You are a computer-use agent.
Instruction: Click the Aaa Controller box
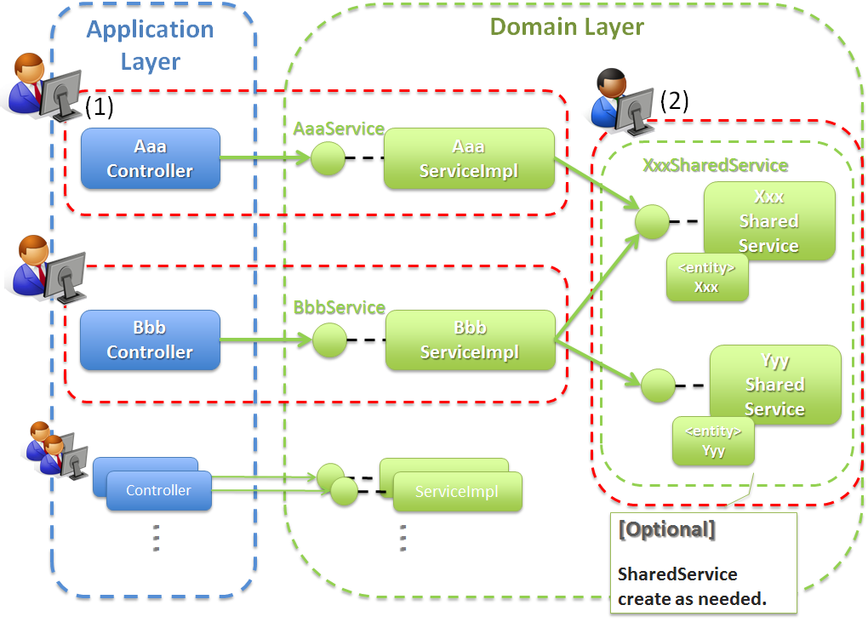151,158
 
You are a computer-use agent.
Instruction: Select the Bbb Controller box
150,340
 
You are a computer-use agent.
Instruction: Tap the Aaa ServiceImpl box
469,158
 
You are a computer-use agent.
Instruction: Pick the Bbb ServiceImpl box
470,340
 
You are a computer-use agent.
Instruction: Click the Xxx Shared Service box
769,220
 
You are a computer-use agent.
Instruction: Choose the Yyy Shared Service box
775,384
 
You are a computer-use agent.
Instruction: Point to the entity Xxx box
706,277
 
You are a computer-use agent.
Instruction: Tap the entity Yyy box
713,442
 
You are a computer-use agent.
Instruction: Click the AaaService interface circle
327,158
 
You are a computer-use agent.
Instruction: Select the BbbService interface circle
329,340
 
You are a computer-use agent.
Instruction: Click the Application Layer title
150,45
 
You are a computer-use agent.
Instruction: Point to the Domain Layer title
567,26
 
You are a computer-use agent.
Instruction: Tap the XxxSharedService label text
715,165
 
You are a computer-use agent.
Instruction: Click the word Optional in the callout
667,529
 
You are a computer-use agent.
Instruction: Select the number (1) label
99,106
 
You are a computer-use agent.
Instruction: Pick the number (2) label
674,100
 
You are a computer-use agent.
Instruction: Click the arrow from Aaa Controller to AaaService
264,158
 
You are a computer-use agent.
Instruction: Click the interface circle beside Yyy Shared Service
658,385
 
